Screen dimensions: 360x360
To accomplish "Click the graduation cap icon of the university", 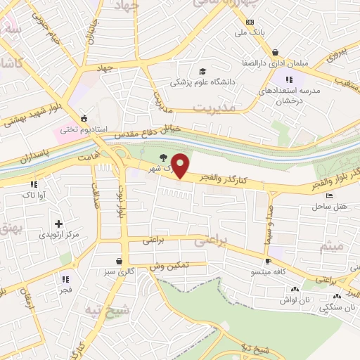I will click(x=202, y=72).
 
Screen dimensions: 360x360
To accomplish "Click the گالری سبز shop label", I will click(x=117, y=271).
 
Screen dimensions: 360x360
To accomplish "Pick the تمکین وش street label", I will click(x=167, y=267).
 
